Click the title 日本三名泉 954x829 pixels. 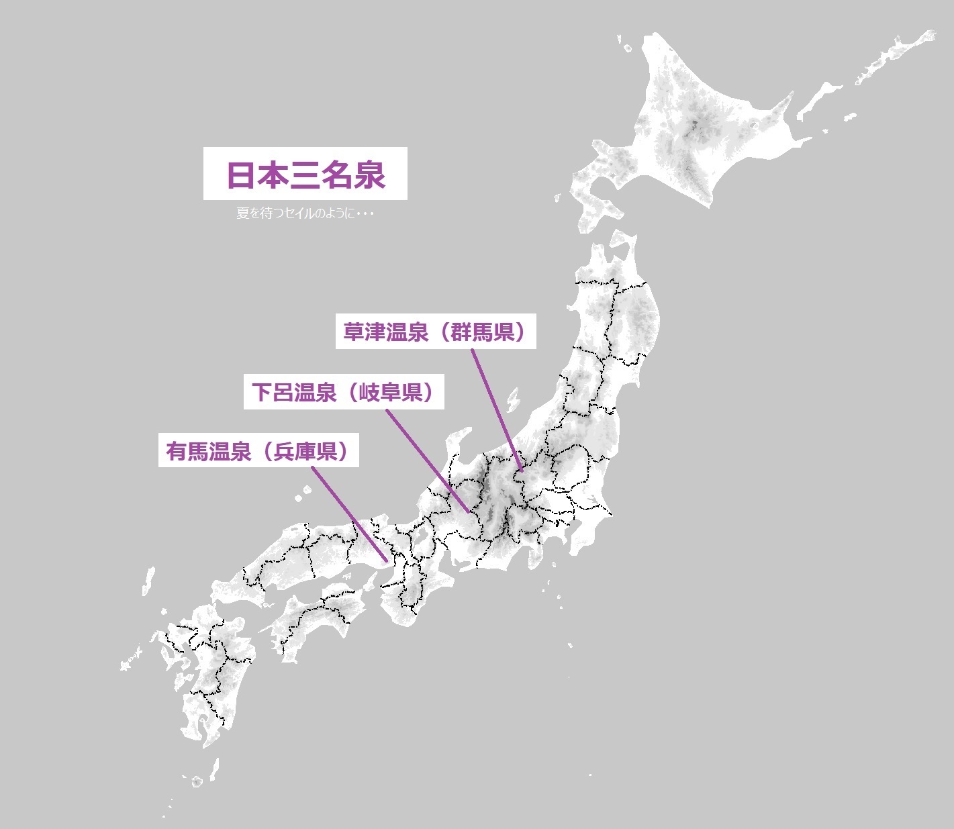pos(305,174)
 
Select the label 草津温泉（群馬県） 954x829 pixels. pos(436,332)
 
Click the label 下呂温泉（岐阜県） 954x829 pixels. pos(343,392)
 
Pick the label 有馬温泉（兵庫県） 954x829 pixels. pos(262,451)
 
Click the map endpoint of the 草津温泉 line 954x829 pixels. pos(520,470)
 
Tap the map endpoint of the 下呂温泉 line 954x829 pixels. pos(469,511)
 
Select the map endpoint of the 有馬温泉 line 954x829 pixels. pos(386,560)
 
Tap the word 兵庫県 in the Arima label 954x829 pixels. pos(305,451)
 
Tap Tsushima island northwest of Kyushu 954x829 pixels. pos(148,580)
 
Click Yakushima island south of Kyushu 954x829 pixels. pos(196,781)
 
